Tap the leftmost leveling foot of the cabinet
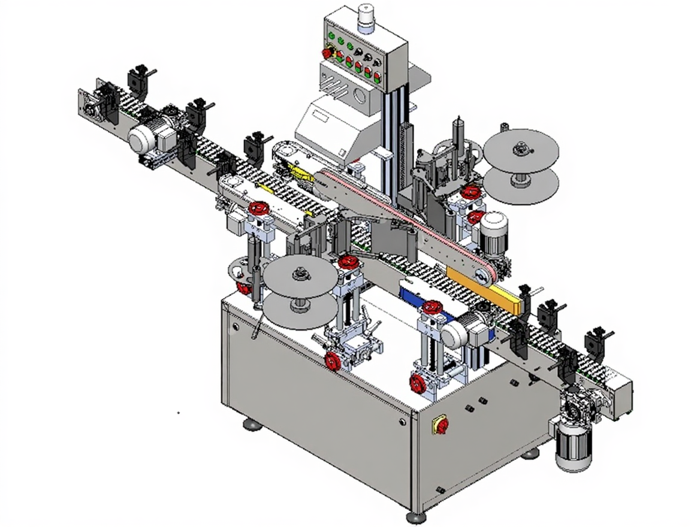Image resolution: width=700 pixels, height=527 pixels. [252, 425]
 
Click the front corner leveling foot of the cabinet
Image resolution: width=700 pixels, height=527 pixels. [417, 516]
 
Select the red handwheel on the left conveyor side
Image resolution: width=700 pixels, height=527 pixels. [259, 209]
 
